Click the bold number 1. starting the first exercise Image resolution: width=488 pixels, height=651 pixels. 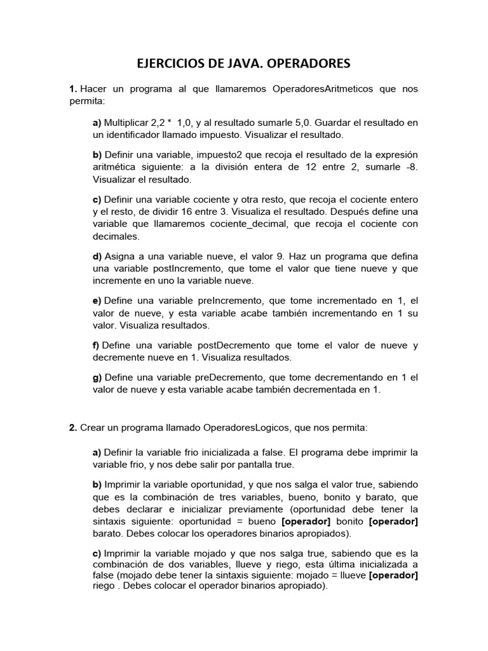73,89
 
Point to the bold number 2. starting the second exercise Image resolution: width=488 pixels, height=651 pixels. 73,428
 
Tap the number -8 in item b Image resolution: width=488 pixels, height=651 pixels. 411,167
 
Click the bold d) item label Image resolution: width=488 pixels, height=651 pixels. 97,256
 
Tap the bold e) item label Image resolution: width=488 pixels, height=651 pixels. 97,301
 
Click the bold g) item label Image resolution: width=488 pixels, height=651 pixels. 97,378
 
